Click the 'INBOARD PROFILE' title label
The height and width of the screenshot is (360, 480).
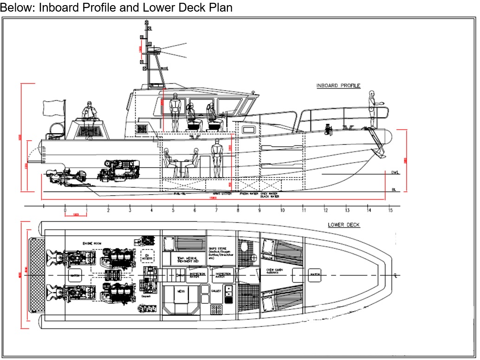[338, 85]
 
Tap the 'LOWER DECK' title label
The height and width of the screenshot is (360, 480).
[344, 225]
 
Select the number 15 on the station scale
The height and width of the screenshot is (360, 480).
[390, 210]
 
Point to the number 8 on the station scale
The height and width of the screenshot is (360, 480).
[238, 210]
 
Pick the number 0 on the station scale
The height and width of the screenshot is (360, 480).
[65, 210]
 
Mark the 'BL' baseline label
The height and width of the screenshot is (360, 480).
[394, 190]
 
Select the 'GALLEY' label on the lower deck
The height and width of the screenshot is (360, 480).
[216, 290]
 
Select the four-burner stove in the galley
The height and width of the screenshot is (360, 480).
[216, 309]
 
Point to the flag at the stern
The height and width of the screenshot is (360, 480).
[54, 108]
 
